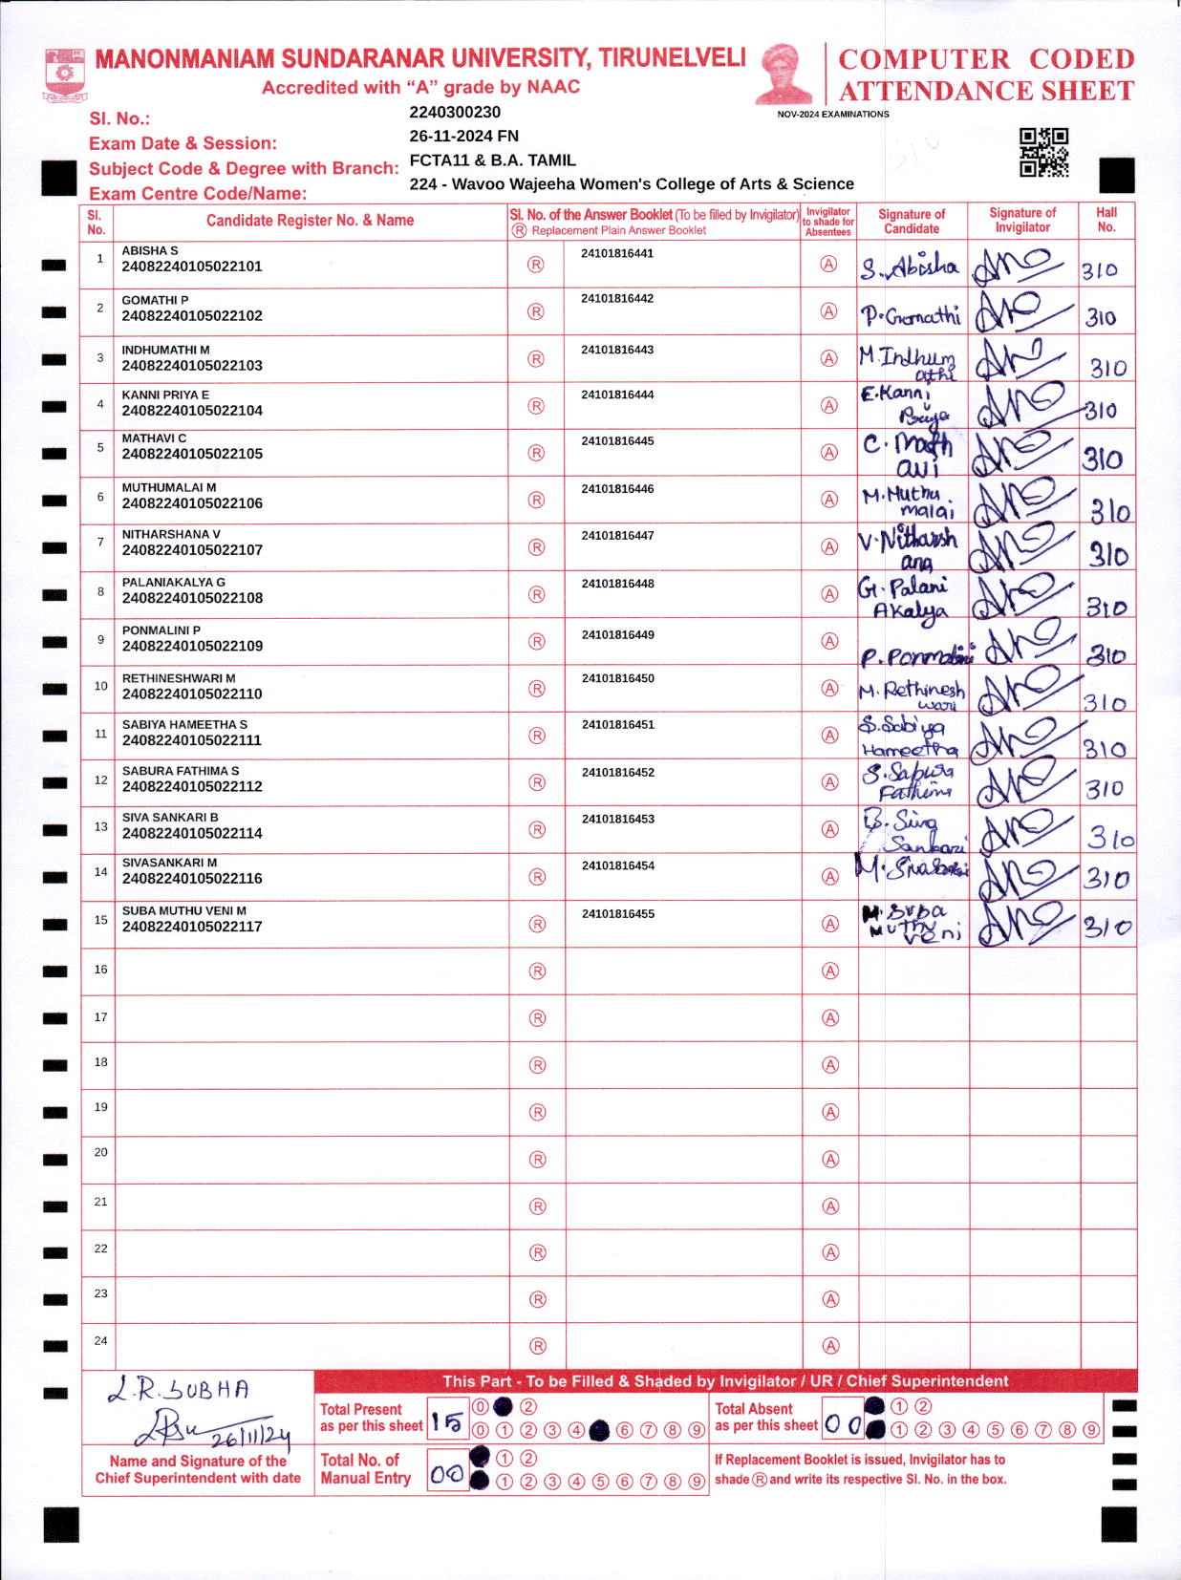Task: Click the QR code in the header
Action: (1043, 152)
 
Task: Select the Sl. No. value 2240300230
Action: (455, 112)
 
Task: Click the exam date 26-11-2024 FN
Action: (463, 136)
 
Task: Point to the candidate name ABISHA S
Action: (150, 250)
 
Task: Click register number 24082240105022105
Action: (192, 454)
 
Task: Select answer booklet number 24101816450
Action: (617, 678)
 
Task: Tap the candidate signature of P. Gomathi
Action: (911, 315)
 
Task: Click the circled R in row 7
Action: (537, 547)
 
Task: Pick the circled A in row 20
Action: (830, 1159)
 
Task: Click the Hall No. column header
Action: (1106, 220)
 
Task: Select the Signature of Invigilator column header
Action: (1022, 220)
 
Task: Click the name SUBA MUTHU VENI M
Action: (184, 910)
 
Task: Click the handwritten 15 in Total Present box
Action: (446, 1423)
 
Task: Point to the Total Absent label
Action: (754, 1409)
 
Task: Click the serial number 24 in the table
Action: (100, 1340)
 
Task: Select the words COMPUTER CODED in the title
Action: (985, 59)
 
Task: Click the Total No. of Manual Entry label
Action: (365, 1468)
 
